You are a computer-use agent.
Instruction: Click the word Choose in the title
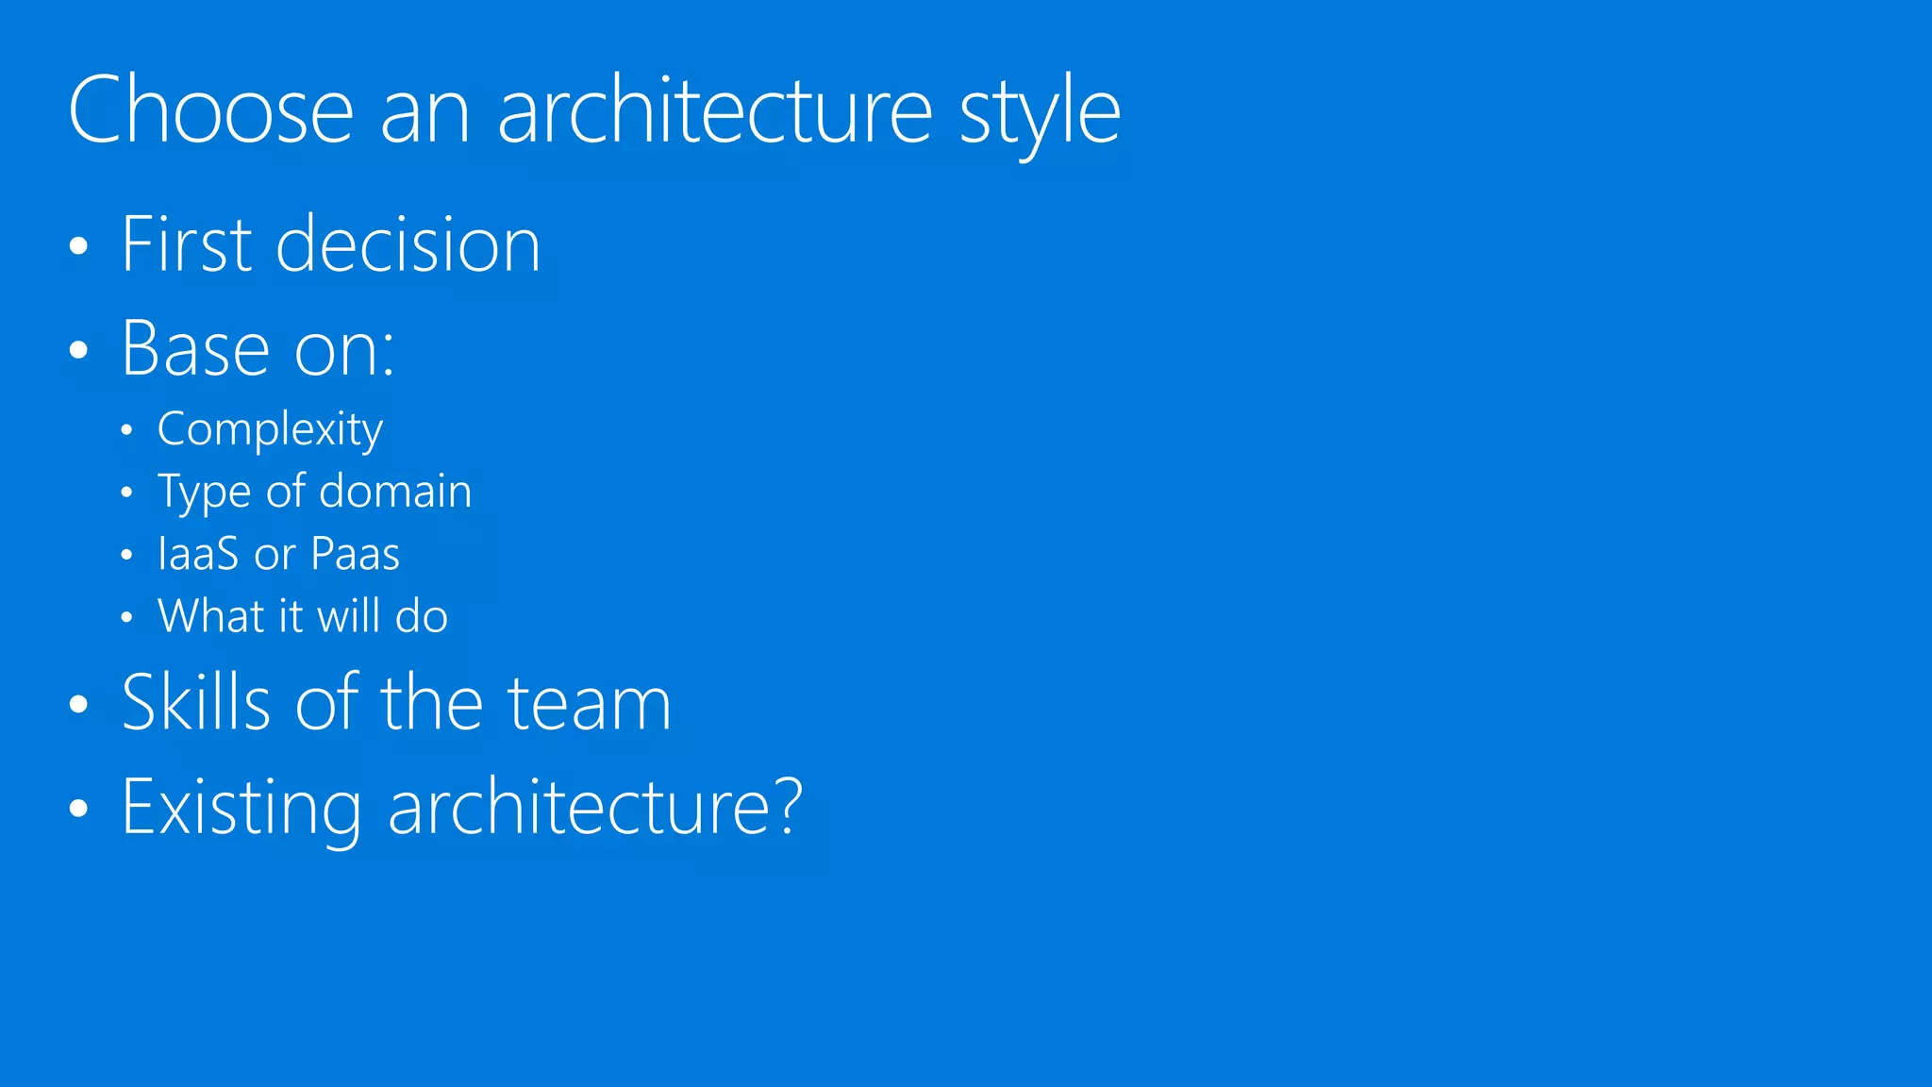(210, 110)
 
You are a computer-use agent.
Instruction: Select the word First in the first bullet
(187, 244)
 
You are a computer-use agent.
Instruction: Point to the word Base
(196, 349)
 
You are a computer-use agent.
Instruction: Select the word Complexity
(270, 430)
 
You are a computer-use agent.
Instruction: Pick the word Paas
(356, 554)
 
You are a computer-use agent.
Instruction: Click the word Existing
(241, 808)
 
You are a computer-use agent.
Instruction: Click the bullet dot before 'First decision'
(79, 247)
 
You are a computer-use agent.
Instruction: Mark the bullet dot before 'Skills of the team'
(79, 705)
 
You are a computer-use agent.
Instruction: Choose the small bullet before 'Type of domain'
(126, 493)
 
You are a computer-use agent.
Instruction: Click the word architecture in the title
(714, 110)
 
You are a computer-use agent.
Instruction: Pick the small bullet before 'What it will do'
(126, 618)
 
